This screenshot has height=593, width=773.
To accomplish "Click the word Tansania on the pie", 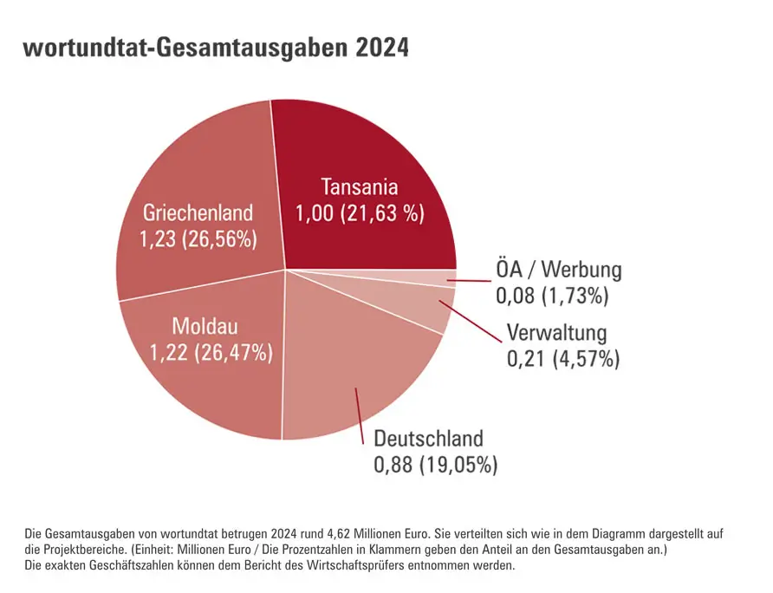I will tap(359, 186).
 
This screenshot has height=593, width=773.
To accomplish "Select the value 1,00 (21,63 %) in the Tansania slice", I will tap(360, 213).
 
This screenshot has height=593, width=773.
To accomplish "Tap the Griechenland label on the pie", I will tap(198, 212).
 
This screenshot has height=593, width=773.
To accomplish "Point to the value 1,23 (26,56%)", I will tap(198, 239).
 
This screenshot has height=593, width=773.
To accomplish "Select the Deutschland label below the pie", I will tap(428, 438).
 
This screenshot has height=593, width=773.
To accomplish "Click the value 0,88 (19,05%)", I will tap(436, 465).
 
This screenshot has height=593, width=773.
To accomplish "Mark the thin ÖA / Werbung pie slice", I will tap(433, 277).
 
